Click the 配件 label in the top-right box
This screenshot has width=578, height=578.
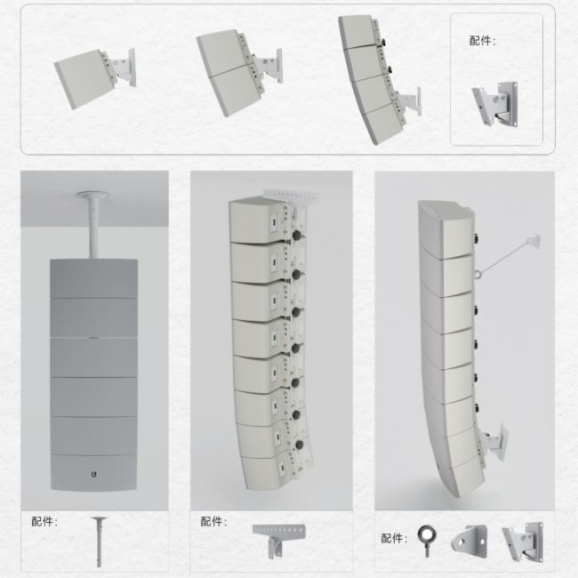482,41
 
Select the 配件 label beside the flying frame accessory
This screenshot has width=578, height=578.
213,521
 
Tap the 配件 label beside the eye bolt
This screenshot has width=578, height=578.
394,538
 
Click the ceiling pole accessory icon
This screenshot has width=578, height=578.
99,542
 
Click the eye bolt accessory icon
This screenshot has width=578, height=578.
427,541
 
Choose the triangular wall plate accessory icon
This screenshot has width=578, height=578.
470,542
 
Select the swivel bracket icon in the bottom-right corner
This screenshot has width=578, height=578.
523,542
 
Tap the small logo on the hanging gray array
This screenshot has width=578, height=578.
93,474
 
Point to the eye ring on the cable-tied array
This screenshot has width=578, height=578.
478,275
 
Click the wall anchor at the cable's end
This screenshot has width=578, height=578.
534,240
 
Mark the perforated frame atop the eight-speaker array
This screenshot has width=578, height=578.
291,196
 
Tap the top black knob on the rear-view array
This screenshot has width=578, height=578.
296,235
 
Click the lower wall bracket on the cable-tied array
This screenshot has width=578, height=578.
496,441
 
